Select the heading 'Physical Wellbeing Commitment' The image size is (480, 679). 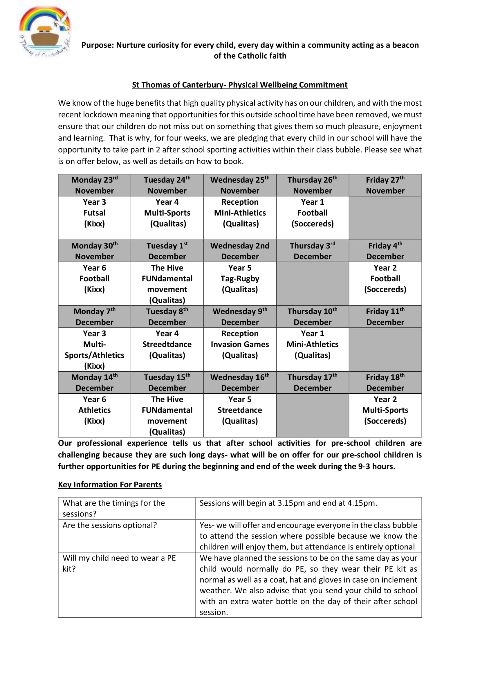click(239, 85)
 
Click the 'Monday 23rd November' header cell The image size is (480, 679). click(94, 185)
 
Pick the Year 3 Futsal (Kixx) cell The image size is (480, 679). click(94, 213)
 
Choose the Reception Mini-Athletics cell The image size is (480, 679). click(240, 213)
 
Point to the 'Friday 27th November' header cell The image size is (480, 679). click(385, 185)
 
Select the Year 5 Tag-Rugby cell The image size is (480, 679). click(240, 279)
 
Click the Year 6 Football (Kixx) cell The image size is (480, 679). click(94, 279)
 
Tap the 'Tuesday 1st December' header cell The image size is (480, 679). click(167, 251)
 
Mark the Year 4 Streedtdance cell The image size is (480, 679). click(167, 345)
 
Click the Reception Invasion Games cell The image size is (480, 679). click(240, 345)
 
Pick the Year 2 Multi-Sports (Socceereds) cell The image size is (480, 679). click(385, 410)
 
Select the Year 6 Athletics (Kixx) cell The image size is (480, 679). click(94, 410)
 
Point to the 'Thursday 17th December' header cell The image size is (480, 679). click(313, 382)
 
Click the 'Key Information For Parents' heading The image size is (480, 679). click(110, 485)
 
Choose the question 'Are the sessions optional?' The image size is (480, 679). click(110, 525)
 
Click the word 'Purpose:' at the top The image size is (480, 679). click(98, 45)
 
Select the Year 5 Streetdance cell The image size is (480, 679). click(240, 410)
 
